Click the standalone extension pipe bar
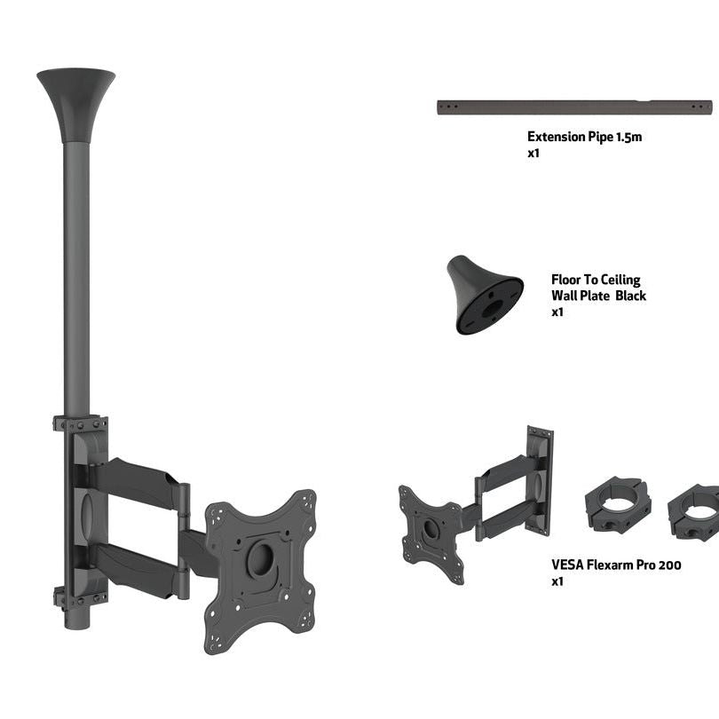(x=574, y=107)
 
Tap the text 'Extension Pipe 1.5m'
(x=584, y=137)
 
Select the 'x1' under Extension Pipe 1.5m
(x=533, y=153)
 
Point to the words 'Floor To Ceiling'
(x=595, y=280)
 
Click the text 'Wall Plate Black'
(x=598, y=296)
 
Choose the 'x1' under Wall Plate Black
(x=557, y=312)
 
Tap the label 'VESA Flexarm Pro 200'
(x=616, y=565)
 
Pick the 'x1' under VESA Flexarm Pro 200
(x=557, y=581)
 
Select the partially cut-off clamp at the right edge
(x=698, y=510)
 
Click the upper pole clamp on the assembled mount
(x=80, y=423)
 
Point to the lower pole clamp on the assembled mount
(x=80, y=597)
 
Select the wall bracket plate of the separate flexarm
(x=539, y=479)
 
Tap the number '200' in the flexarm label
(x=668, y=565)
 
